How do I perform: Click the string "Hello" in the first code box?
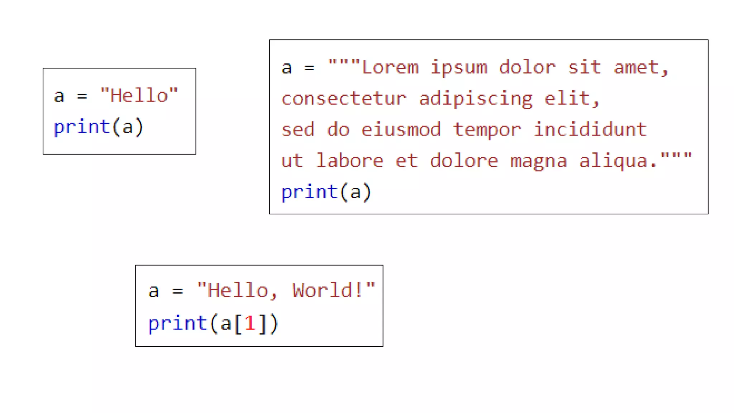(139, 96)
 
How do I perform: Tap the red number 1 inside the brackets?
(250, 323)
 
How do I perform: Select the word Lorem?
(390, 67)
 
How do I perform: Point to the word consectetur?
(344, 99)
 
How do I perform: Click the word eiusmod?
(401, 129)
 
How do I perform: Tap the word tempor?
(487, 130)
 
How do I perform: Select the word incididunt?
(590, 129)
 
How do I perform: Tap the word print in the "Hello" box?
(82, 127)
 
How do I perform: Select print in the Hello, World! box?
(178, 323)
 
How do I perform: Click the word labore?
(350, 161)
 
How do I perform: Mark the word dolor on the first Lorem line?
(527, 67)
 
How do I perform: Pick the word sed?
(298, 129)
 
